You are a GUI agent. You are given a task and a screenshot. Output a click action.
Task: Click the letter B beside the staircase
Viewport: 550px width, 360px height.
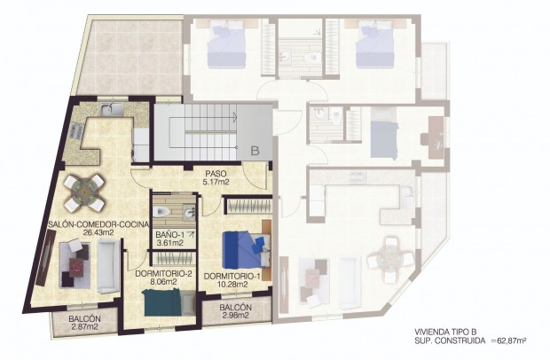[254, 152]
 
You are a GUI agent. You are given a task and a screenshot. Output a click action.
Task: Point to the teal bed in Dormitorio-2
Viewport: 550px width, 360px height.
[162, 304]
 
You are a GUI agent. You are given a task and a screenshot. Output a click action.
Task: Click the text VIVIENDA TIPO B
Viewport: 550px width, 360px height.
[449, 330]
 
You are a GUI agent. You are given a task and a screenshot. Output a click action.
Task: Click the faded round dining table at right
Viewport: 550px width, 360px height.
[388, 258]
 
